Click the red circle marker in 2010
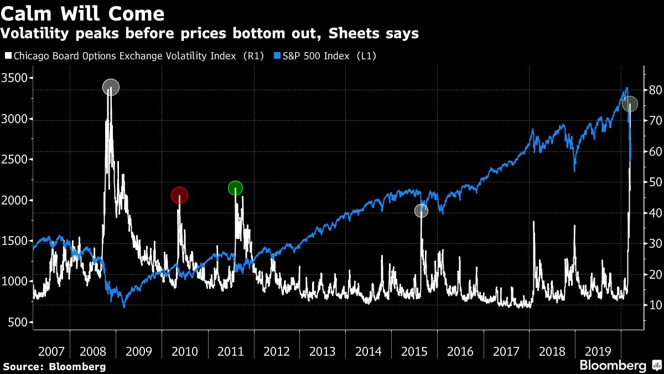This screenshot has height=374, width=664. (x=179, y=195)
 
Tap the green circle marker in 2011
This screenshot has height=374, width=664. (x=235, y=188)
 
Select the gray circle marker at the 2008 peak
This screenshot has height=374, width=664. (x=111, y=87)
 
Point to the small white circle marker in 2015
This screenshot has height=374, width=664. (x=422, y=211)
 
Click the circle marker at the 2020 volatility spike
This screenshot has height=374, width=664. (x=630, y=104)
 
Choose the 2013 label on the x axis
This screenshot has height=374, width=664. (x=322, y=351)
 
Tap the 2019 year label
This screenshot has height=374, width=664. (x=598, y=351)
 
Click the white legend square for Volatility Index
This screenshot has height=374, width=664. (x=8, y=55)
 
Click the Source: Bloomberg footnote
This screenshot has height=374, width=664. (x=54, y=366)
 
